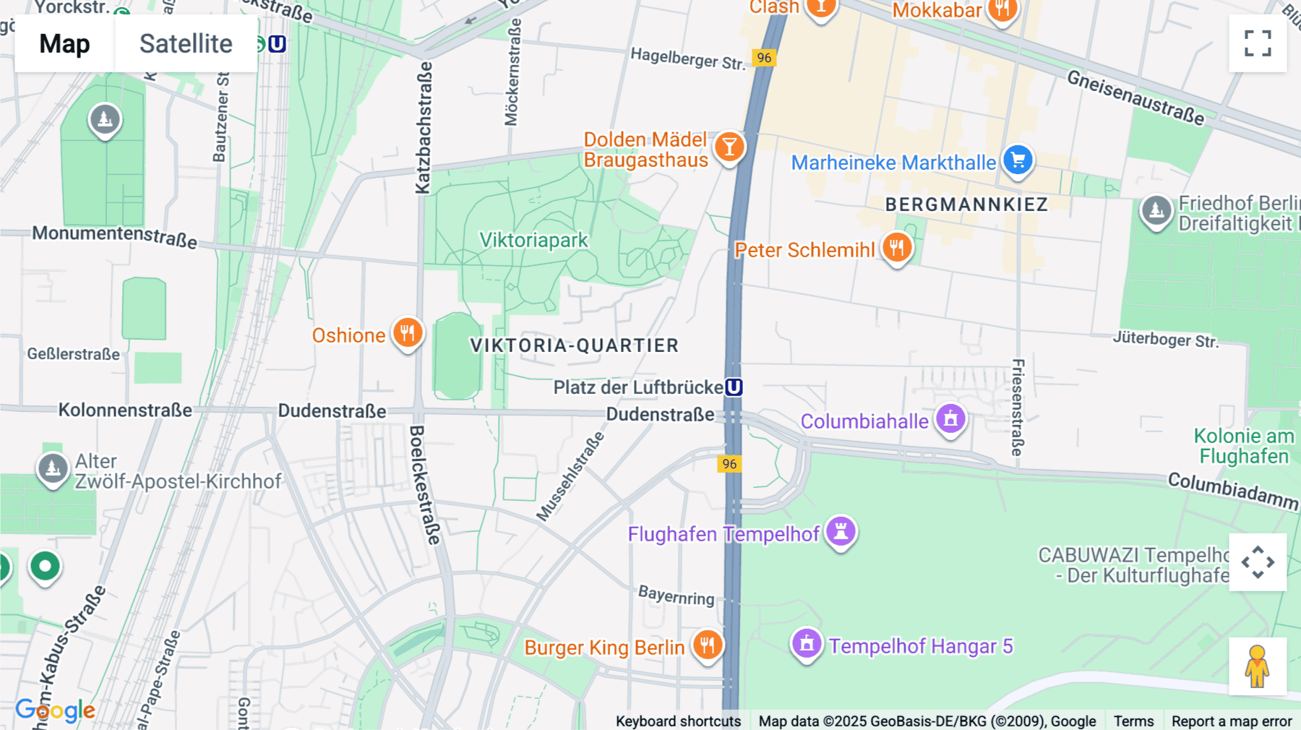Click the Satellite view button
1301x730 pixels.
click(x=186, y=43)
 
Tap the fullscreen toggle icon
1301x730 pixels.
click(x=1258, y=43)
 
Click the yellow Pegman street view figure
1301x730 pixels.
click(x=1257, y=666)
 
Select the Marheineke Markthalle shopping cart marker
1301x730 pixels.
click(x=1018, y=160)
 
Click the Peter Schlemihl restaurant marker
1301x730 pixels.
click(x=896, y=247)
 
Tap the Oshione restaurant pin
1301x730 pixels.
click(x=408, y=333)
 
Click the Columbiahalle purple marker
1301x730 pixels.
click(x=950, y=418)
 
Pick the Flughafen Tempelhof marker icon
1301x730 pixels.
click(x=841, y=532)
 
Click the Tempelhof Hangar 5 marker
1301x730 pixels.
click(x=807, y=643)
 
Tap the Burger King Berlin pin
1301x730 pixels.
click(x=708, y=644)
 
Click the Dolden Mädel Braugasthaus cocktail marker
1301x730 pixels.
click(x=729, y=147)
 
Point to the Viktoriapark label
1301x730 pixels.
click(x=533, y=240)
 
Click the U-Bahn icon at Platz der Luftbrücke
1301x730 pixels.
click(x=734, y=387)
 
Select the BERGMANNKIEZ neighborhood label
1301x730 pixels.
click(x=966, y=205)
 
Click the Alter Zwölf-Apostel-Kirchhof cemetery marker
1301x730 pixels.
click(x=53, y=468)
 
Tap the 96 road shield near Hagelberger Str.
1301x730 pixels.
click(x=764, y=58)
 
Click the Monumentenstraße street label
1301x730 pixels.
click(x=114, y=236)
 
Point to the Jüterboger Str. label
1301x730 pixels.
click(x=1165, y=339)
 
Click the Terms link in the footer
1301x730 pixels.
click(x=1133, y=721)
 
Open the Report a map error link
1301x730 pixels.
click(x=1231, y=721)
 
